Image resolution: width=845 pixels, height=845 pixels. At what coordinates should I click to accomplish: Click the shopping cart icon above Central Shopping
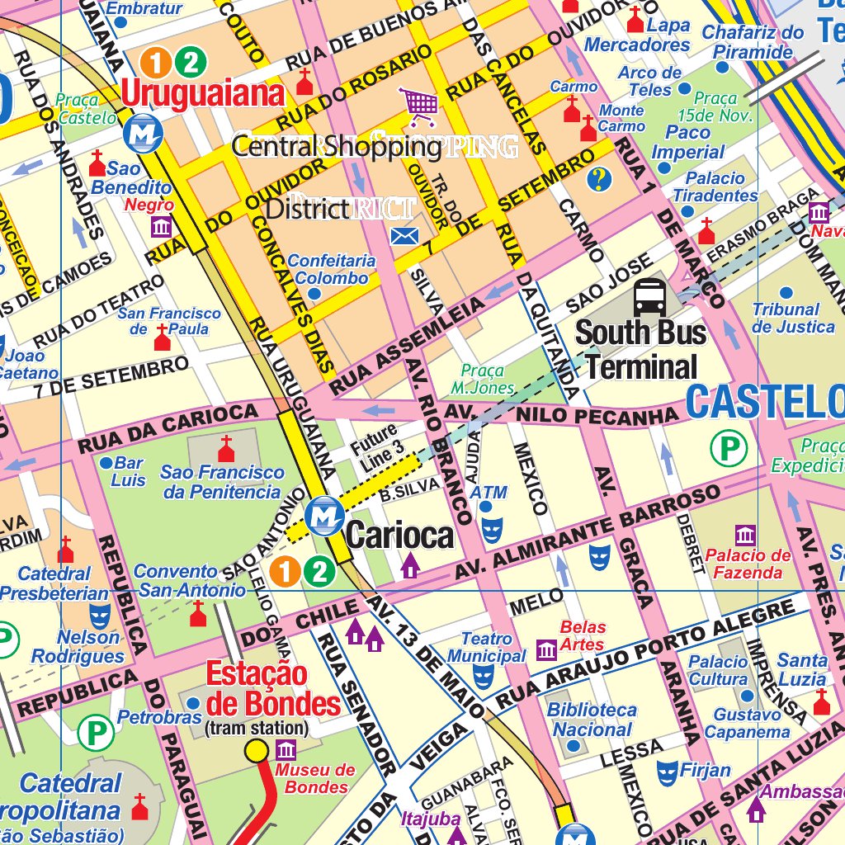[x=420, y=104]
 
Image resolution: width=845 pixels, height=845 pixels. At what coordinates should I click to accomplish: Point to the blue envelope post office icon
[x=404, y=237]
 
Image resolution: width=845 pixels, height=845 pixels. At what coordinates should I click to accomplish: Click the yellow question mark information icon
[x=599, y=177]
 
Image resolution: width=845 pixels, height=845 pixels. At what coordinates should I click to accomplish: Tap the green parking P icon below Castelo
[x=729, y=449]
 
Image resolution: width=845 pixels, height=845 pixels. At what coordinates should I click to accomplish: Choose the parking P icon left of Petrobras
[x=96, y=731]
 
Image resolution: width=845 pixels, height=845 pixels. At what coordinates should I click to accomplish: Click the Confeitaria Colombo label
[x=332, y=270]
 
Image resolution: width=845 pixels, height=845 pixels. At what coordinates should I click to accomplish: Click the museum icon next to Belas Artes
[x=546, y=650]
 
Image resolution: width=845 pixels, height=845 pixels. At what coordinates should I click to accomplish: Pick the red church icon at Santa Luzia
[x=821, y=702]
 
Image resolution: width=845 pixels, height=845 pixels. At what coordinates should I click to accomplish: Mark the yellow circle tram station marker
[x=257, y=750]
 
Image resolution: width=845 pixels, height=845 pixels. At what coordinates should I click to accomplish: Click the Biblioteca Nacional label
[x=592, y=720]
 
